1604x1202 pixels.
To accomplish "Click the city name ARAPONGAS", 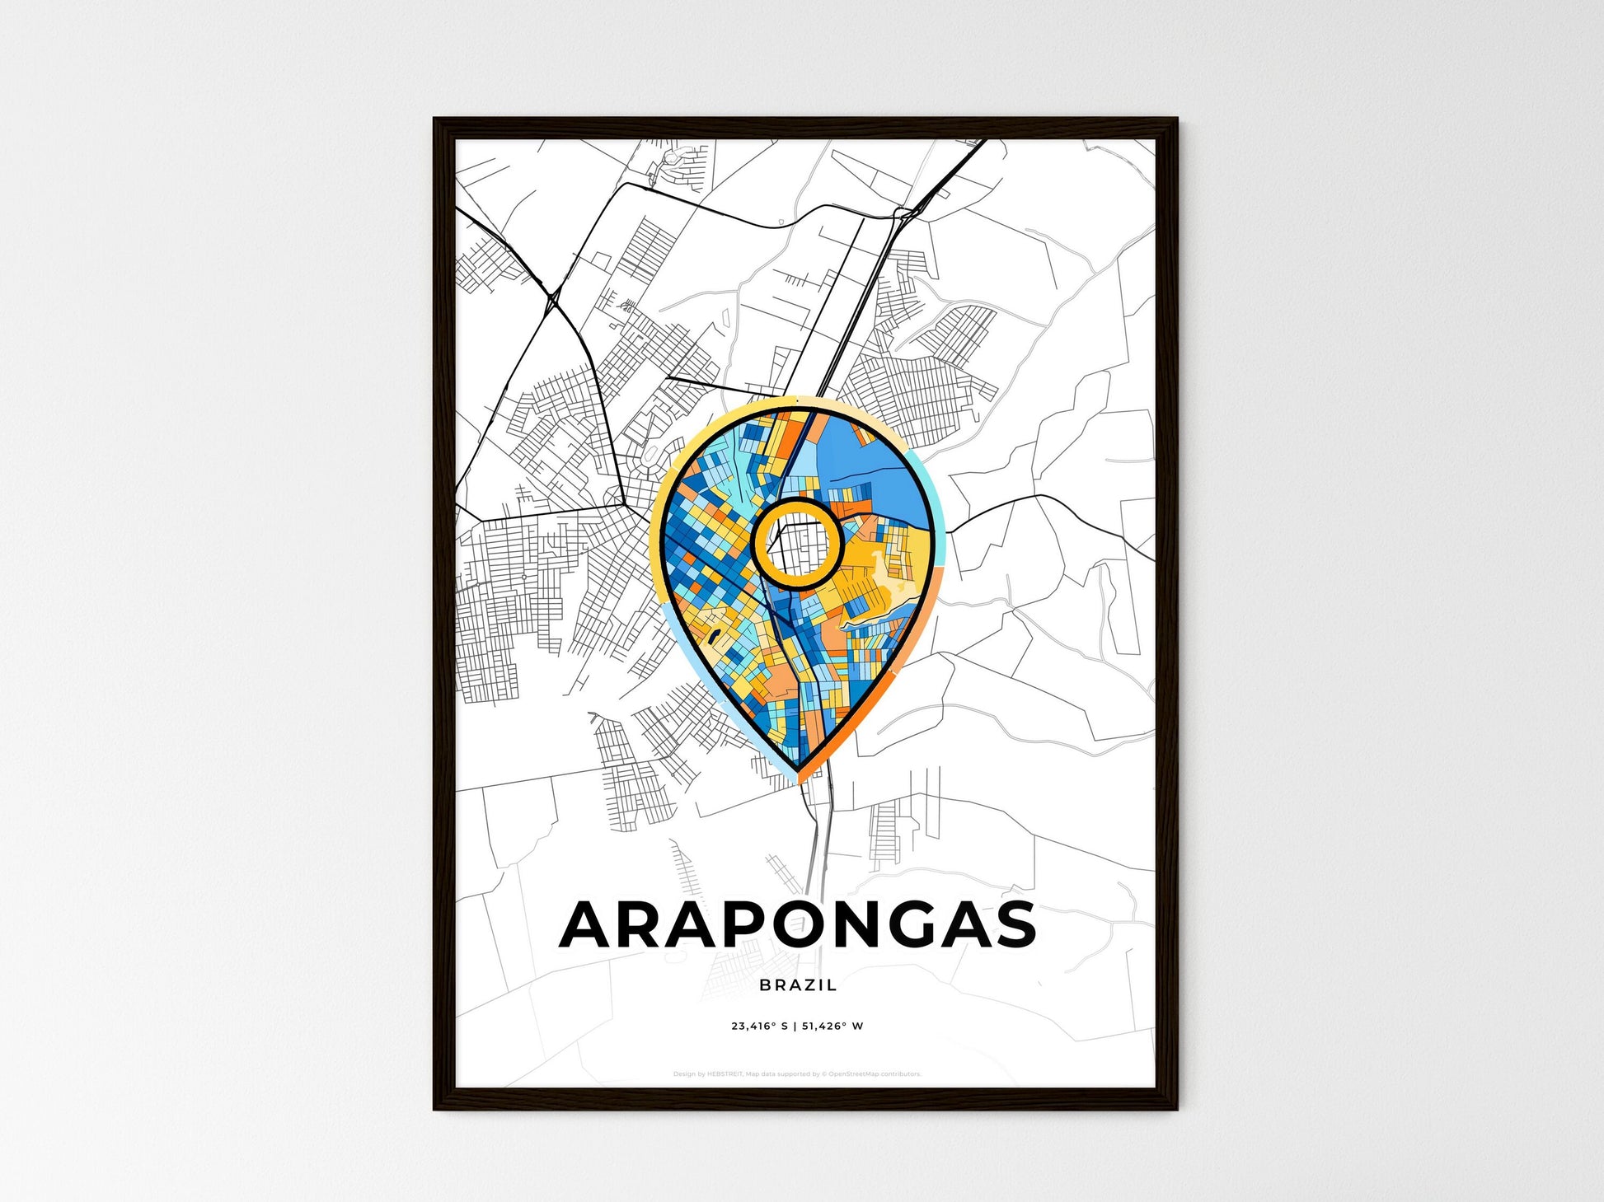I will pyautogui.click(x=797, y=924).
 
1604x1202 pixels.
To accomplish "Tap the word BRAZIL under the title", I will pyautogui.click(x=798, y=985).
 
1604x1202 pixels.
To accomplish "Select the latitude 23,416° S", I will pyautogui.click(x=759, y=1027).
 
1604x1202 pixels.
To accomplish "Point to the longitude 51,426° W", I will pyautogui.click(x=832, y=1027).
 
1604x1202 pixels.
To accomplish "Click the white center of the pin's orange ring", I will pyautogui.click(x=797, y=544).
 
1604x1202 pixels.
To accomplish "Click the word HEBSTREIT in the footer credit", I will pyautogui.click(x=725, y=1074).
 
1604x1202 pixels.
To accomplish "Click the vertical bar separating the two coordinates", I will pyautogui.click(x=795, y=1027).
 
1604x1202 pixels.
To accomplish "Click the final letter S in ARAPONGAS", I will pyautogui.click(x=1011, y=924).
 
